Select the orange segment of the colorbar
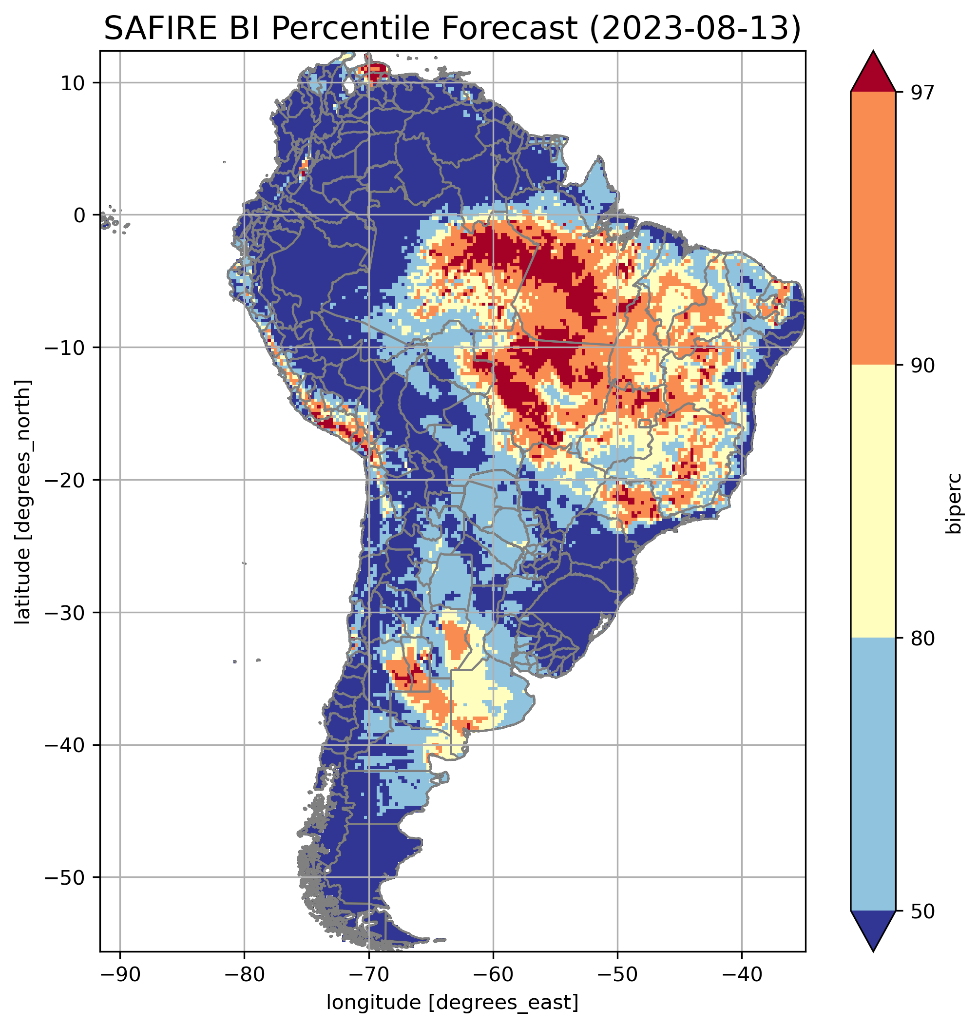tap(873, 229)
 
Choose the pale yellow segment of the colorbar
tap(873, 501)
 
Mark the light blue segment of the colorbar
tap(873, 775)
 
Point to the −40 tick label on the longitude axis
tap(741, 974)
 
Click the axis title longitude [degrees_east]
tap(452, 1003)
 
